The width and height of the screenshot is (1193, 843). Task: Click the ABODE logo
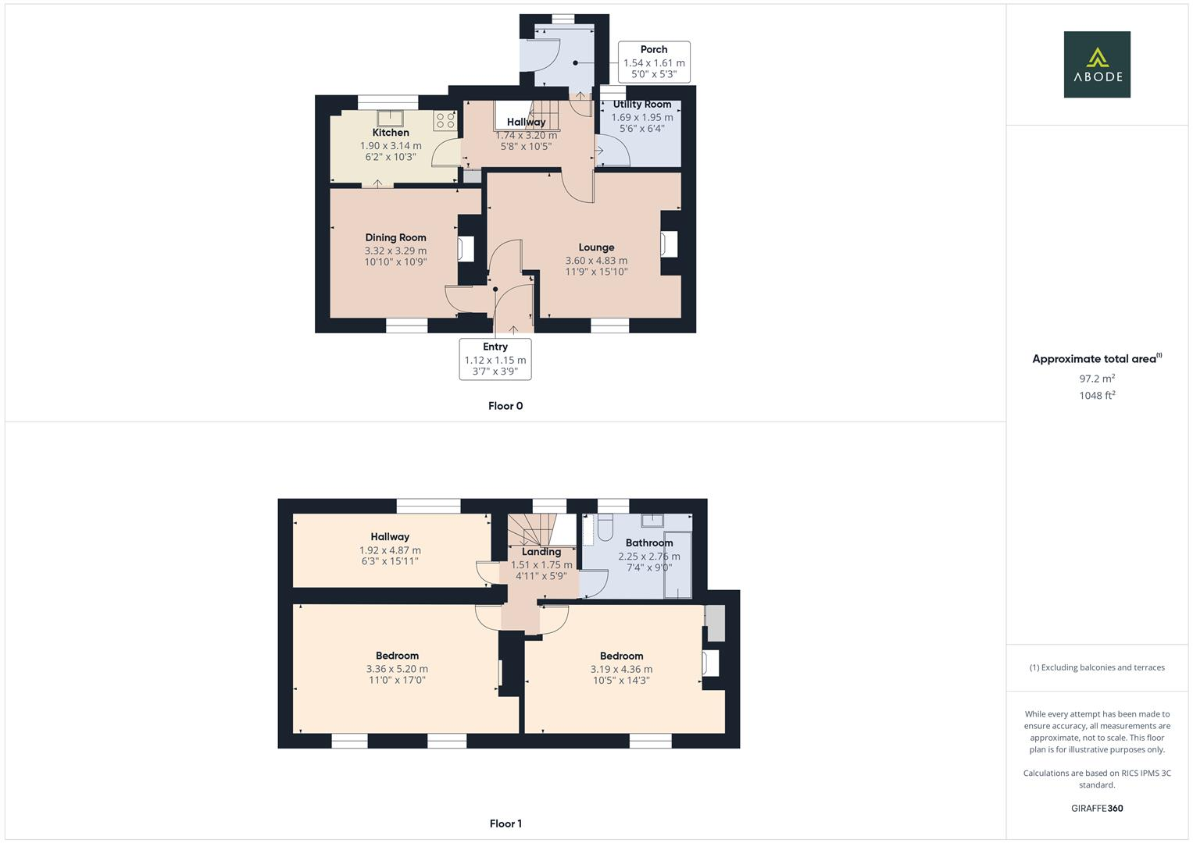[x=1097, y=65]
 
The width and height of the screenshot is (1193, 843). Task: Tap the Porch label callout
[x=654, y=62]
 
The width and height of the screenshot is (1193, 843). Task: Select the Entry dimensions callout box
[x=495, y=359]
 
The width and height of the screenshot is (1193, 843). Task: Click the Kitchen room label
[x=391, y=133]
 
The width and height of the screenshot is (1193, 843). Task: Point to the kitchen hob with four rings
[x=445, y=120]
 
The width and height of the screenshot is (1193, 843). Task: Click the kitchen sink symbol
[x=389, y=119]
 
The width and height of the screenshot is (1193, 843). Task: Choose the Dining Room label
[x=395, y=237]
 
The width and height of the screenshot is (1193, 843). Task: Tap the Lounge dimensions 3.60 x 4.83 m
[x=596, y=261]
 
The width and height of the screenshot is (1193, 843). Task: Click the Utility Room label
[x=641, y=105]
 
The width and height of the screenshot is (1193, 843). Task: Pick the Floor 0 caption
[x=505, y=406]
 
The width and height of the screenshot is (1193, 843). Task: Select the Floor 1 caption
[x=505, y=823]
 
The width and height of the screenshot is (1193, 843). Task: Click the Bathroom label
[x=648, y=543]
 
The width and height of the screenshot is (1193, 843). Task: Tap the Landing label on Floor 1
[x=541, y=552]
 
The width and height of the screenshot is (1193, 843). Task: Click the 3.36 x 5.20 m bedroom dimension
[x=397, y=669]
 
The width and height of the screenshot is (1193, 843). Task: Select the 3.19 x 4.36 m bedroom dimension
[x=621, y=669]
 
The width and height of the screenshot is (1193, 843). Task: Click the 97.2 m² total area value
[x=1097, y=379]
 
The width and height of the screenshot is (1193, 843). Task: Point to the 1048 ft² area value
[x=1097, y=396]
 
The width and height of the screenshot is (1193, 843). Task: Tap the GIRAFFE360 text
[x=1097, y=809]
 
